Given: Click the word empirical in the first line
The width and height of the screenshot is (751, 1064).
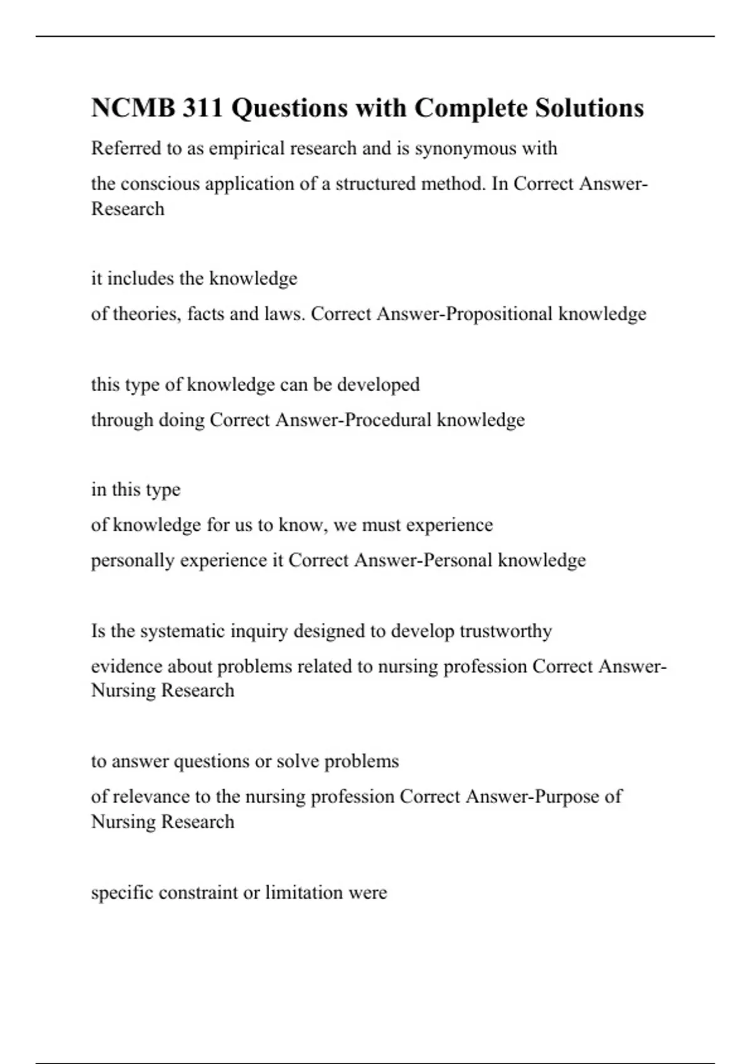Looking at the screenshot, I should click(x=246, y=148).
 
